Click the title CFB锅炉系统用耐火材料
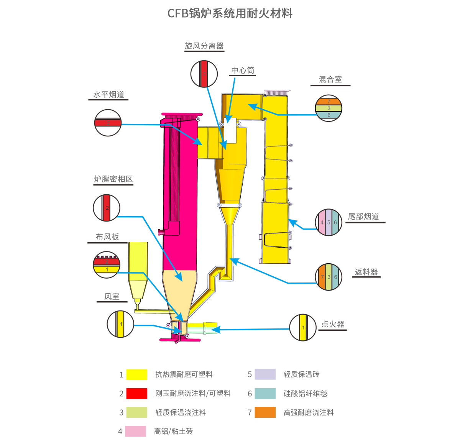point(230,13)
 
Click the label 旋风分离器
point(204,46)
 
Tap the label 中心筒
point(243,71)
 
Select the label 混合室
point(330,79)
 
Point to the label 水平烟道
point(109,95)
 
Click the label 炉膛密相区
point(113,179)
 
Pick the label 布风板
point(107,237)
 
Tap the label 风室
point(112,296)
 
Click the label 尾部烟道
point(363,217)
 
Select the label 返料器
point(366,272)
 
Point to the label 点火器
point(333,324)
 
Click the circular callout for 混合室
point(329,108)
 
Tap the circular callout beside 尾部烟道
point(329,222)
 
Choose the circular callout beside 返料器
point(329,277)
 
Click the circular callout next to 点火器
point(303,327)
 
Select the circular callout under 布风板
point(107,265)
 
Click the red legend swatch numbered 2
point(137,394)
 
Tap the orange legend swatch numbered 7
point(265,412)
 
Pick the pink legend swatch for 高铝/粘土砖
point(135,431)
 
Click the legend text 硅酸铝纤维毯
point(305,394)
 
